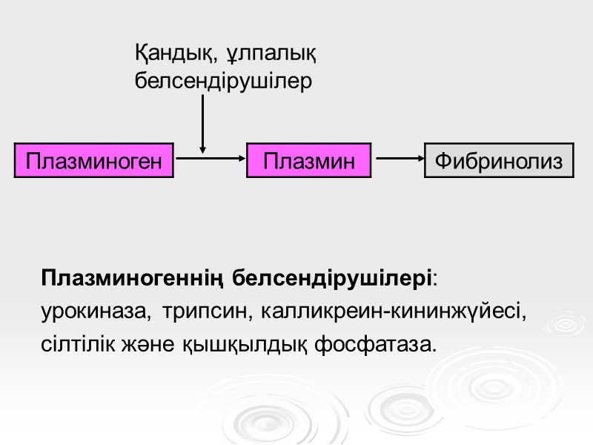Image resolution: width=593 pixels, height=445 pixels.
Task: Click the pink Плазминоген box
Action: point(93,160)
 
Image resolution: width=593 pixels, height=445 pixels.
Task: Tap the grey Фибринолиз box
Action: point(499,160)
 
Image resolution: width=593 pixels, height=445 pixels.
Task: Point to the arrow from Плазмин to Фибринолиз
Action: point(398,157)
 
